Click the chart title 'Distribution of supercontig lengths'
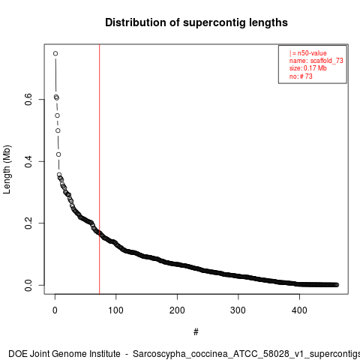(196, 22)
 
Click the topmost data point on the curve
(55, 53)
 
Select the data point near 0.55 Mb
(58, 115)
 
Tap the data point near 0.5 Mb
(58, 130)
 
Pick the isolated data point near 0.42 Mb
(58, 154)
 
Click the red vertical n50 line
(100, 169)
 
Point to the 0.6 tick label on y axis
(28, 99)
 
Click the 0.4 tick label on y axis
(28, 161)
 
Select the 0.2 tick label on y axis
(28, 223)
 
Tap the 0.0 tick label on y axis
(28, 285)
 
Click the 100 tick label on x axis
(115, 310)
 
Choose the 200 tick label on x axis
(177, 310)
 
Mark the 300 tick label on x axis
(238, 310)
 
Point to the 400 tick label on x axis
(299, 310)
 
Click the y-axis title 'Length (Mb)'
(7, 169)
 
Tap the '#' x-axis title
(196, 332)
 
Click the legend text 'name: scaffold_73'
(316, 61)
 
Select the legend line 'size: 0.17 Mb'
(308, 68)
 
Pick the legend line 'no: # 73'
(301, 76)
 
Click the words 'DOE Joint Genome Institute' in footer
(64, 354)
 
